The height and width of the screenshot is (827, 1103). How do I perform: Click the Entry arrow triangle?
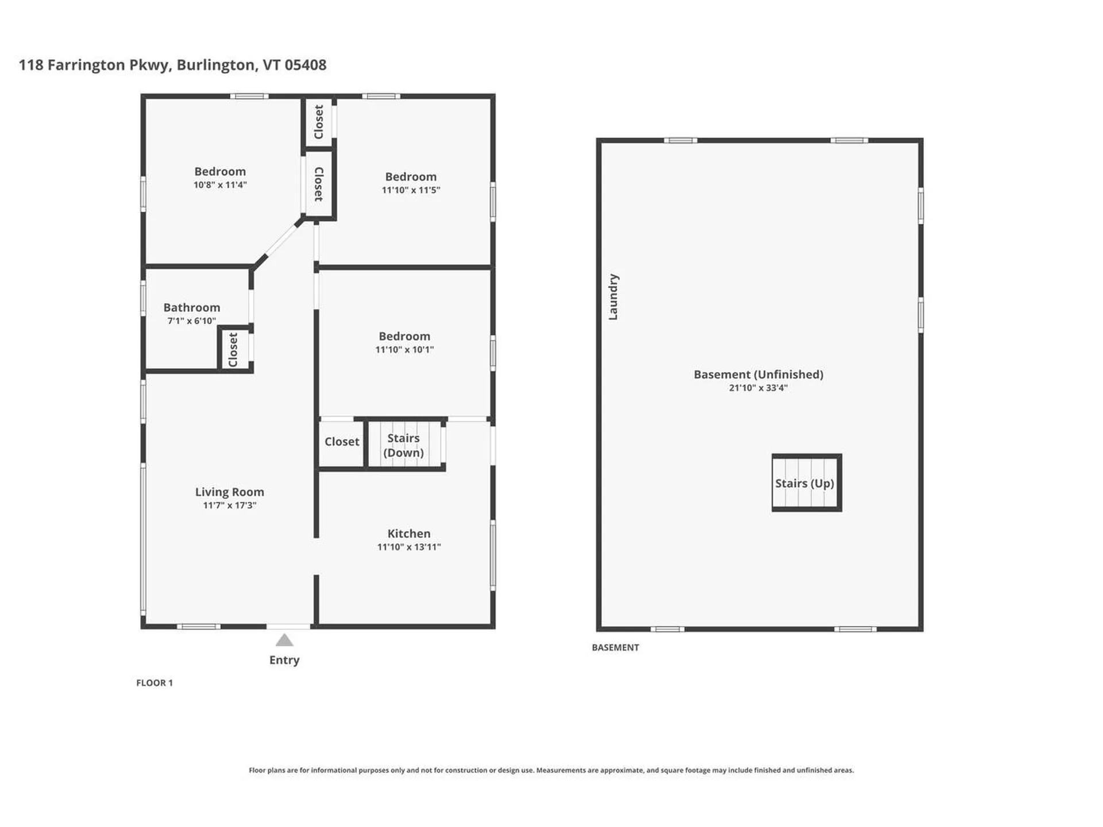pos(284,640)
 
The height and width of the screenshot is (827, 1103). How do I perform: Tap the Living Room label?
pos(229,492)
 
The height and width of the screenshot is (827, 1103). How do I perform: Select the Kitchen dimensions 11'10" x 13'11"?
pos(408,547)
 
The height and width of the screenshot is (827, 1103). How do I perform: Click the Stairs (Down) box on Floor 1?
pos(404,445)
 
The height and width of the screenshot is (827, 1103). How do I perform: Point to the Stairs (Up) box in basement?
pos(806,483)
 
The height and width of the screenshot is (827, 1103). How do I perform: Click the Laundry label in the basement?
pos(613,297)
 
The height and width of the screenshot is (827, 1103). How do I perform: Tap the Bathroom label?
pos(191,307)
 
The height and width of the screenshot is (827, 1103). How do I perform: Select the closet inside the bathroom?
pos(233,349)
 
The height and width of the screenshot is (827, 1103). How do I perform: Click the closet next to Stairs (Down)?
pos(341,442)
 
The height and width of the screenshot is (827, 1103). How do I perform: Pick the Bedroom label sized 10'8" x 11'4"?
pos(219,171)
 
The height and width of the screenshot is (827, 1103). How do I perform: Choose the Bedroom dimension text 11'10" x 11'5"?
pos(410,190)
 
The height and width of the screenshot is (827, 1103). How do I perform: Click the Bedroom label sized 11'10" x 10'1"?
pos(404,336)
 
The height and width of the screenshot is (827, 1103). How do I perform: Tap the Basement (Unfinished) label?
pos(758,374)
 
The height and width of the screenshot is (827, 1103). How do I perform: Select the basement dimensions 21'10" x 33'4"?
pos(758,388)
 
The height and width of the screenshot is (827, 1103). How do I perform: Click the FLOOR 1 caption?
pos(154,683)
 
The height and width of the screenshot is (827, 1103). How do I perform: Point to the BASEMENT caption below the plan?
pos(615,647)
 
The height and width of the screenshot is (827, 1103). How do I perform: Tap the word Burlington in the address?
pos(215,65)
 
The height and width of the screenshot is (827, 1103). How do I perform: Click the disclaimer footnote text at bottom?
pos(551,770)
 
